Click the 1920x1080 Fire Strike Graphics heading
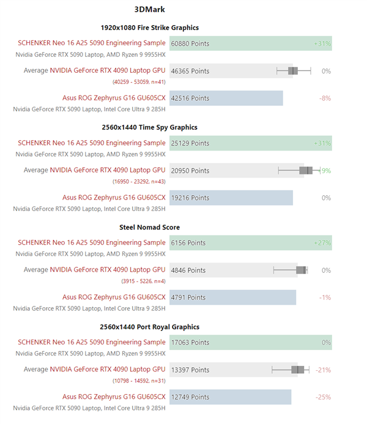[x=149, y=28]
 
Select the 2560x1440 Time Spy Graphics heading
[x=149, y=127]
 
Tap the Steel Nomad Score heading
[x=149, y=227]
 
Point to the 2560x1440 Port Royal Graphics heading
[x=149, y=327]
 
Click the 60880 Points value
[x=190, y=43]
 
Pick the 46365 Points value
[x=190, y=71]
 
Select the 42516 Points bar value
[x=190, y=98]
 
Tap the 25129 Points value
[x=190, y=143]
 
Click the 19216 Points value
[x=190, y=198]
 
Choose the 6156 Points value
[x=188, y=243]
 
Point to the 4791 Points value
[x=188, y=297]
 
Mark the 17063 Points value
[x=190, y=343]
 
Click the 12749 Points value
[x=190, y=397]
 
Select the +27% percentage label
[x=322, y=243]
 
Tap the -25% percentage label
[x=323, y=397]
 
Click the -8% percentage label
[x=325, y=98]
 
